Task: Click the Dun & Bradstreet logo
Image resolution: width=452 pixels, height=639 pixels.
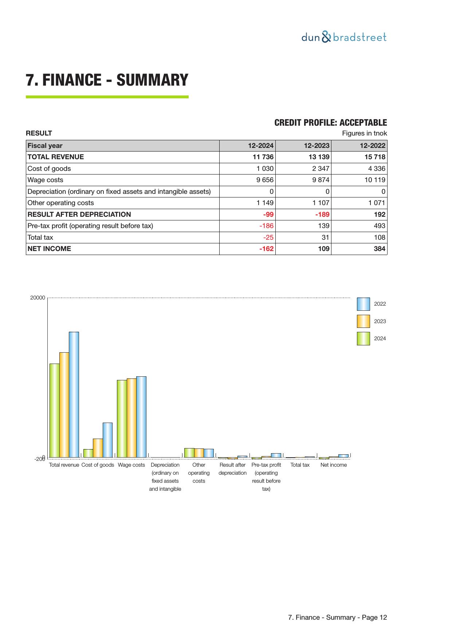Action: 344,37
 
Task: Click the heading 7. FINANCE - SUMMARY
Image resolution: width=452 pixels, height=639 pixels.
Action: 107,80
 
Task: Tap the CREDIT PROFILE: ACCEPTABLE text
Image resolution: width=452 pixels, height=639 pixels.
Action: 330,123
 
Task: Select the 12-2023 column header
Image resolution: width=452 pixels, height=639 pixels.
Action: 317,146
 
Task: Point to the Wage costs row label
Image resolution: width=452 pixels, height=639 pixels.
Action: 46,180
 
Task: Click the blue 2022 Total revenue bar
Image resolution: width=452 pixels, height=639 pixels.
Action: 74,394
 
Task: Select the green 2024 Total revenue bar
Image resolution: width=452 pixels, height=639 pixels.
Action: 55,410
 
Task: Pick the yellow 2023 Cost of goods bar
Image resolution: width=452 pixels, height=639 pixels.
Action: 98,448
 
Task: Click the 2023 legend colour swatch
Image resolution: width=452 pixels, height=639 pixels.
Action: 363,321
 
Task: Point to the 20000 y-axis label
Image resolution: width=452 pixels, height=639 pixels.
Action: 38,298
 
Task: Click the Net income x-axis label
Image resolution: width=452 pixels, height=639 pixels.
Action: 333,465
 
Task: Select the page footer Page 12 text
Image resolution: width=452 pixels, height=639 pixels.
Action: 337,618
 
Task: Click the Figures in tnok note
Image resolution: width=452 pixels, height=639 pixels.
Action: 364,133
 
